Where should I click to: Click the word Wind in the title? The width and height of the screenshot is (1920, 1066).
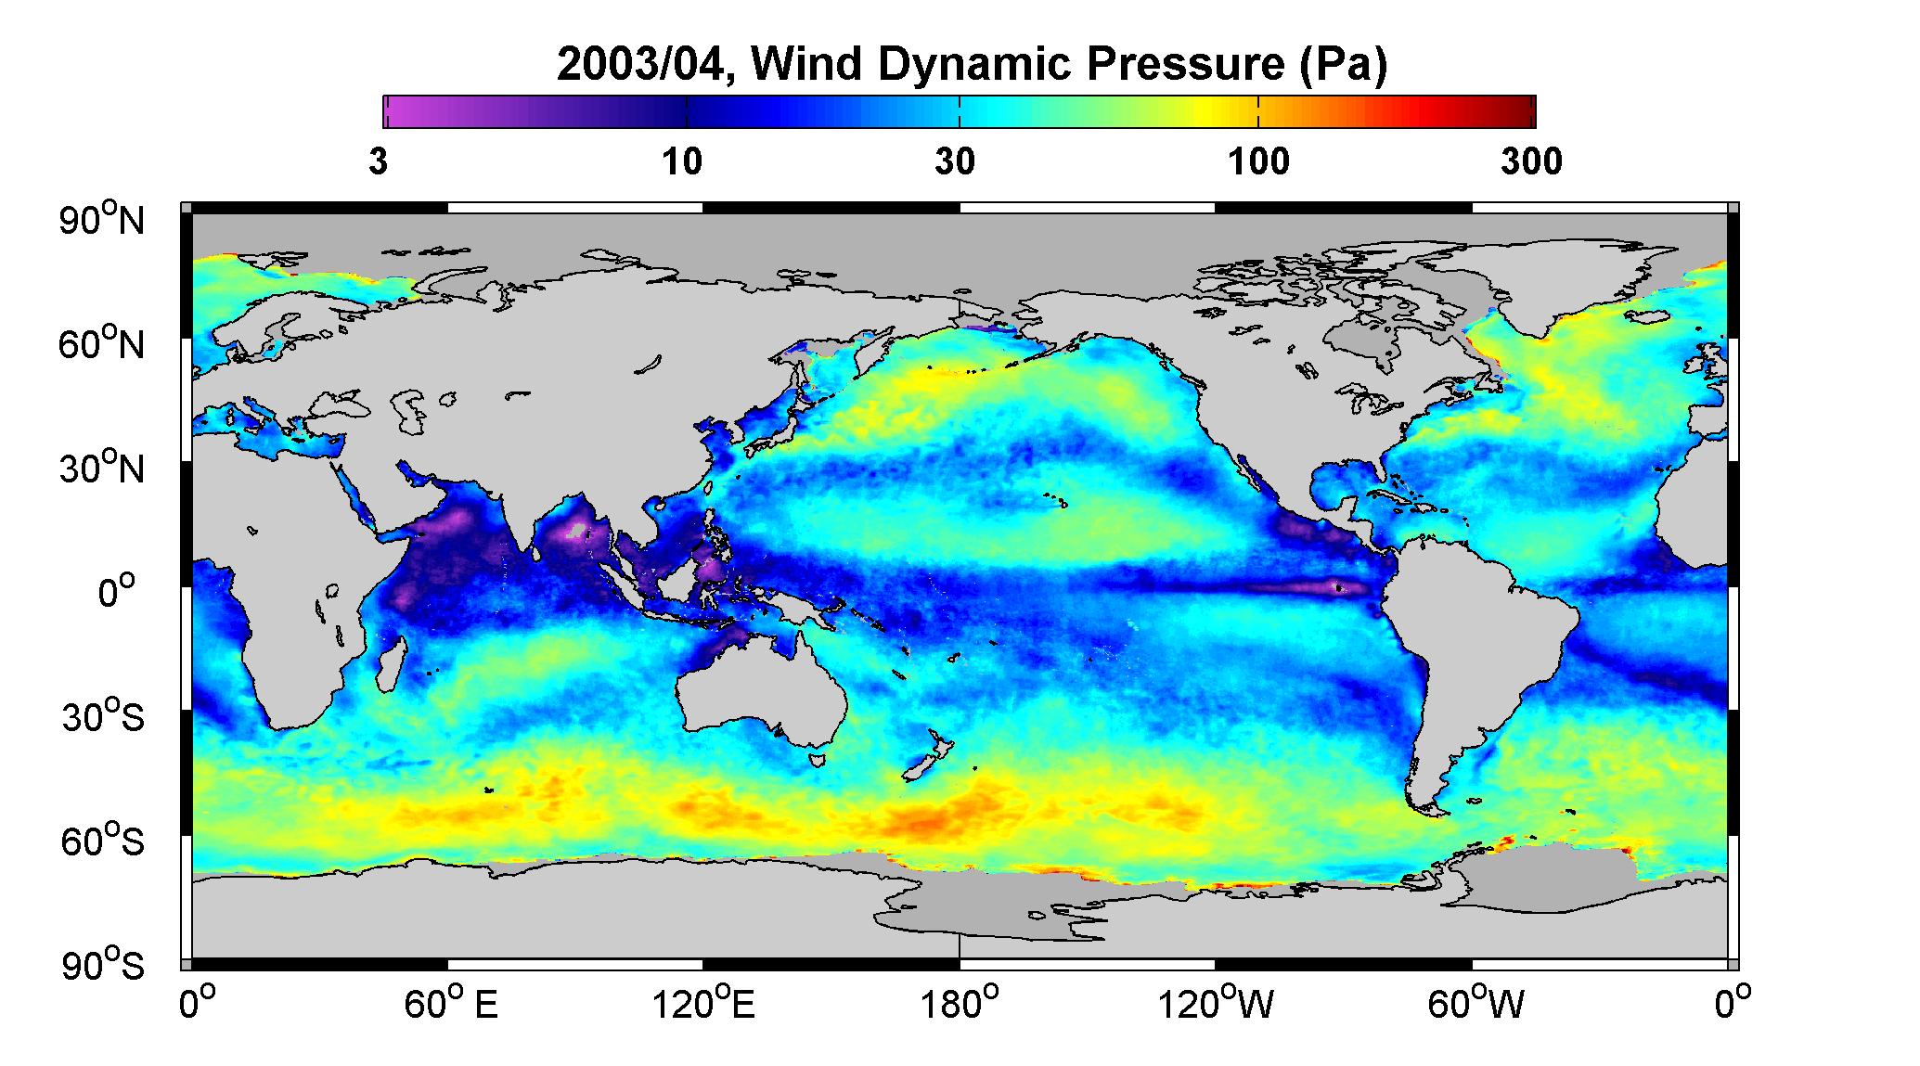810,64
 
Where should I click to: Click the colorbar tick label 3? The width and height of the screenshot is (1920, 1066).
379,162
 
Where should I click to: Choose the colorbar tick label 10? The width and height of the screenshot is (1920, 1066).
682,162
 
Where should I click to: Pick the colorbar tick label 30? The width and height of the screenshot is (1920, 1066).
955,162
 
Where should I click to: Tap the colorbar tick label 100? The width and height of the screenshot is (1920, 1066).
1258,162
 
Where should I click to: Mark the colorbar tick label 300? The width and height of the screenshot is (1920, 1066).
1531,162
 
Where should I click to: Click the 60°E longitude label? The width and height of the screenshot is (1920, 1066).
451,1005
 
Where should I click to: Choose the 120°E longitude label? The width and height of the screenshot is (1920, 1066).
704,1005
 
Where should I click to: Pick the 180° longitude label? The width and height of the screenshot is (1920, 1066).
960,1005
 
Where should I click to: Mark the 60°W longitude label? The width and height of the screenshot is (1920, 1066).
1475,1005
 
